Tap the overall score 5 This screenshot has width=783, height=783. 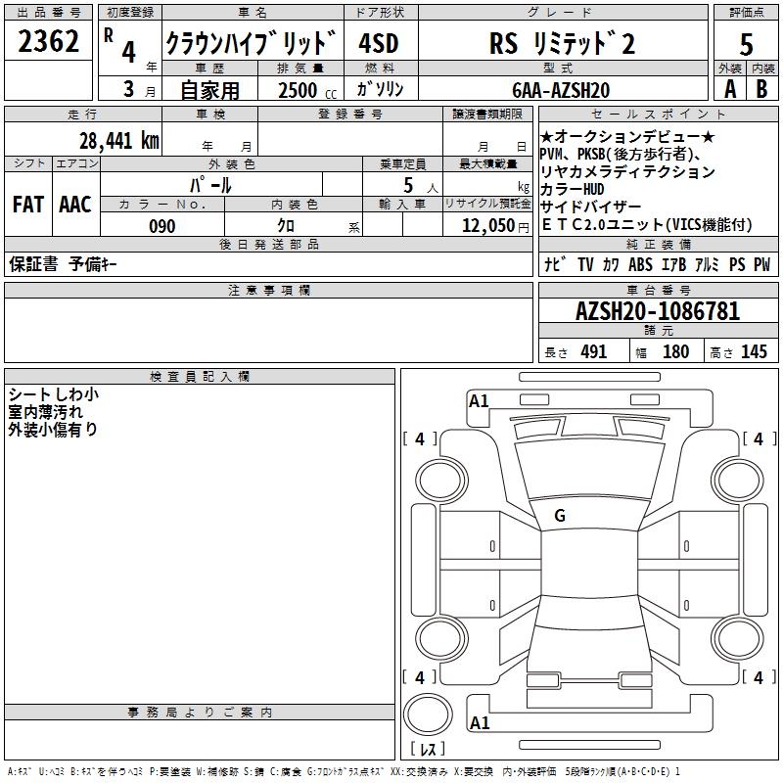point(747,45)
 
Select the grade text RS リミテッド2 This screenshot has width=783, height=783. point(561,44)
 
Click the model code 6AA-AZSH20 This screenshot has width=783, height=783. point(561,90)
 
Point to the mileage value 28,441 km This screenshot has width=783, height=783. point(118,140)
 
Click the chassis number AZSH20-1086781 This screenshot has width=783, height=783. point(657,312)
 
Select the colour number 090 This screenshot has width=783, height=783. point(162,226)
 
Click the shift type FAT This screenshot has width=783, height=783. point(27,205)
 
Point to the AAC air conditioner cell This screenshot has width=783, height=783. point(74,205)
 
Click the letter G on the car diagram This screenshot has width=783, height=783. point(560,516)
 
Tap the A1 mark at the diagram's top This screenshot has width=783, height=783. point(479,400)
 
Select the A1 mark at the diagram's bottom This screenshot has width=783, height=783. point(479,723)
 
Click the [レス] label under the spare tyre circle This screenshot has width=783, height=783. point(432,749)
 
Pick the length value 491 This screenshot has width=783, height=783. point(593,352)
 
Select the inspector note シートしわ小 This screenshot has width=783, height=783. point(53,394)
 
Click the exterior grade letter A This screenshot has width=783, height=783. point(729,89)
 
